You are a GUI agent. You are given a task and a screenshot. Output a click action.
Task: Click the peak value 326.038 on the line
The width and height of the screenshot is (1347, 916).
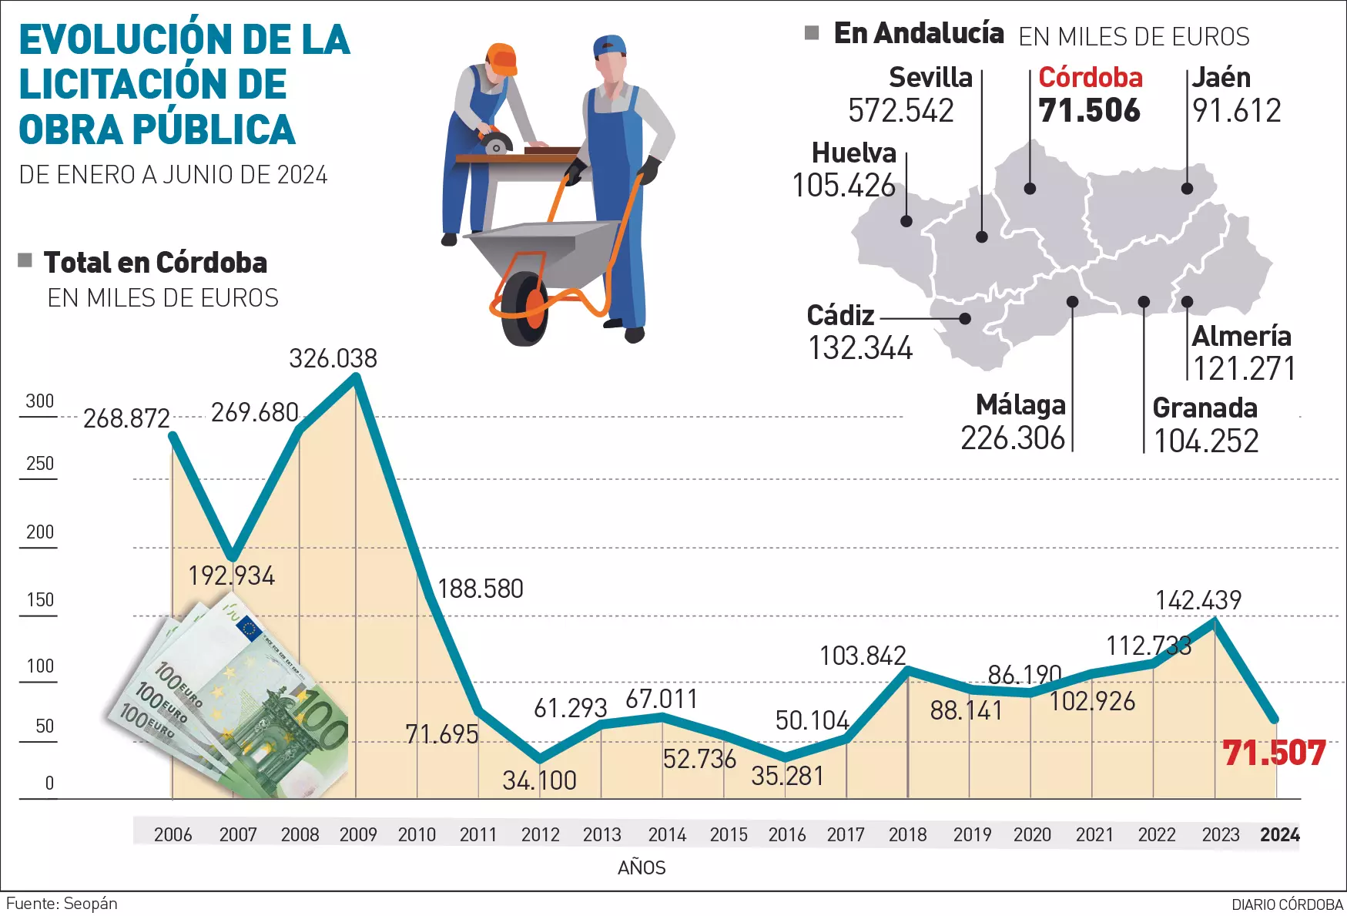(333, 358)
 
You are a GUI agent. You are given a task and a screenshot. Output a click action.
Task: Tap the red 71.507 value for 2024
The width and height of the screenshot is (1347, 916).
(1274, 753)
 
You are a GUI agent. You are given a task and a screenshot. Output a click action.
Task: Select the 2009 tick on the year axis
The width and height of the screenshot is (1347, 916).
(358, 834)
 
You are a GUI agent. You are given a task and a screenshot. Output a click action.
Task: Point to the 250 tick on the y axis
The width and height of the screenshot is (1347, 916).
(40, 464)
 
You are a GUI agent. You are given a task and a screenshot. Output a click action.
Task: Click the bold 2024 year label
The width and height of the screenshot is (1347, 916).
(1279, 834)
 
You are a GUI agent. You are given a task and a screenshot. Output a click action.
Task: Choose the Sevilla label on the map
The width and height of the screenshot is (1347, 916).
(930, 77)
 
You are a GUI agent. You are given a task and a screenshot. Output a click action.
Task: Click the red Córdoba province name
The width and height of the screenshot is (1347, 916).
(1090, 77)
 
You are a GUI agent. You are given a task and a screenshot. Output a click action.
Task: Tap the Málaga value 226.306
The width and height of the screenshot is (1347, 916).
(1012, 438)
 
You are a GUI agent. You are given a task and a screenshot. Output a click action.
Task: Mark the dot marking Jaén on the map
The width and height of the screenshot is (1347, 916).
(1187, 189)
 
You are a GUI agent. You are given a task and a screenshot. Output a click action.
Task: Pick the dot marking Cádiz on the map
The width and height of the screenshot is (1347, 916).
(965, 318)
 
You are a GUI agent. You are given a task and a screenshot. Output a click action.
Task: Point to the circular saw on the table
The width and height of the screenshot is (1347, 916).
(494, 143)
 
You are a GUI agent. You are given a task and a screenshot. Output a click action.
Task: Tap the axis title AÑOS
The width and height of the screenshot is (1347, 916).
(642, 867)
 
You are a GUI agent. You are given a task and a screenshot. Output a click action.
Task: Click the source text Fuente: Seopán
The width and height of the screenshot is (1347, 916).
(62, 903)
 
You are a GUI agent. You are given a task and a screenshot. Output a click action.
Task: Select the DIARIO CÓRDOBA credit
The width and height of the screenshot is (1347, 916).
(1287, 904)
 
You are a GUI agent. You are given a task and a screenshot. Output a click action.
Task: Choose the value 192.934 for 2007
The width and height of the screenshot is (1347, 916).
(231, 575)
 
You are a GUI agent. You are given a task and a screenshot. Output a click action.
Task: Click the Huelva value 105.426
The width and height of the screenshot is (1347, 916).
(844, 186)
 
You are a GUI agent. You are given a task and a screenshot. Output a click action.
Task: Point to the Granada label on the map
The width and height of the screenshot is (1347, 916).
(1205, 408)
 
